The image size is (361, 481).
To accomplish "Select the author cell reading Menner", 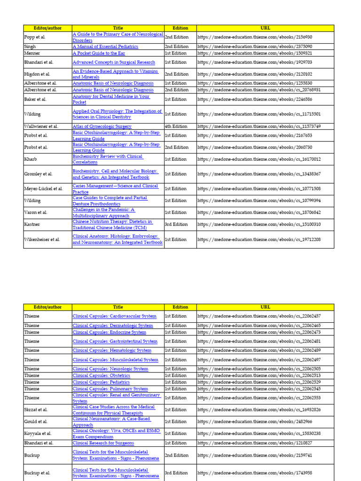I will click(x=32, y=54).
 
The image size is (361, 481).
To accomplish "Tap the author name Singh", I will click(x=30, y=47).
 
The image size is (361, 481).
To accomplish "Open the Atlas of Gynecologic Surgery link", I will click(x=102, y=126).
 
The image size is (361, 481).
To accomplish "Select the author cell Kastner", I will click(x=33, y=225).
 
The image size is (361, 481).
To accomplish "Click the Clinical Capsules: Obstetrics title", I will click(x=102, y=376).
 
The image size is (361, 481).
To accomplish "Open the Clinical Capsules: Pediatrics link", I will click(x=102, y=382).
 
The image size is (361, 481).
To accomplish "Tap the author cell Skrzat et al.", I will click(x=36, y=410).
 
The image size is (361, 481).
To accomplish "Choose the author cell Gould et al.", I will click(x=36, y=422).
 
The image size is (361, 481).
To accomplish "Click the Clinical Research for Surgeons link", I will click(x=103, y=443).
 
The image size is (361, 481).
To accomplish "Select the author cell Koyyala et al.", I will click(x=38, y=434).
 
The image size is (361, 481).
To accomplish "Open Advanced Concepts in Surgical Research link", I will click(x=114, y=62).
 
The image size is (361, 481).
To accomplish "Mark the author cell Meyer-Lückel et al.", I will click(x=43, y=189).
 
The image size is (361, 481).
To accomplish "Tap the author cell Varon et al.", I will click(x=36, y=213).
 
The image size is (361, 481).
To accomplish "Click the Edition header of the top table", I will click(x=180, y=28).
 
